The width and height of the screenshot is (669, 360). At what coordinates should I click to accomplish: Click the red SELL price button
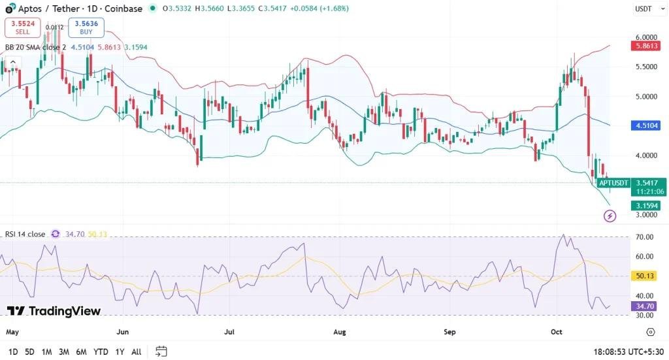23,27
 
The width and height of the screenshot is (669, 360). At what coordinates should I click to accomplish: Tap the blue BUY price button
86,27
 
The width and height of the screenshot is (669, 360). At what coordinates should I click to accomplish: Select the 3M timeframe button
64,352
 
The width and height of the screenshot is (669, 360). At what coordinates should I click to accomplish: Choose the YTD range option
101,352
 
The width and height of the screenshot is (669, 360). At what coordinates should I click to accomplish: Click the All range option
136,352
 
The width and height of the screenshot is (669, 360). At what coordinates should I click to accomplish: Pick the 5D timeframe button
29,352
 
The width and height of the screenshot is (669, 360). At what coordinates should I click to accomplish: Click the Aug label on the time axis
340,332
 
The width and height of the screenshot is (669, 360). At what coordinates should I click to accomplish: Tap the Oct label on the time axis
557,332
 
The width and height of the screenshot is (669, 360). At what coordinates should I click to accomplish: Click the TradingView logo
54,311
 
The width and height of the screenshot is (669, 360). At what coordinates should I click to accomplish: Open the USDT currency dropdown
644,8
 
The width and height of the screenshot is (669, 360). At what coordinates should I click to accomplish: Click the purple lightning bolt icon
610,216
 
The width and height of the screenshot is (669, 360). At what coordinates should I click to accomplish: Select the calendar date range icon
161,352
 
